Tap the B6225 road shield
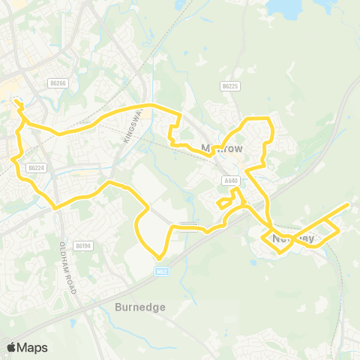(230, 87)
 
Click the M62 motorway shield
(161, 272)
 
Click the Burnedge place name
(140, 307)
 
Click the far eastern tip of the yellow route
(349, 204)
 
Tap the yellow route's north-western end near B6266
(15, 97)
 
